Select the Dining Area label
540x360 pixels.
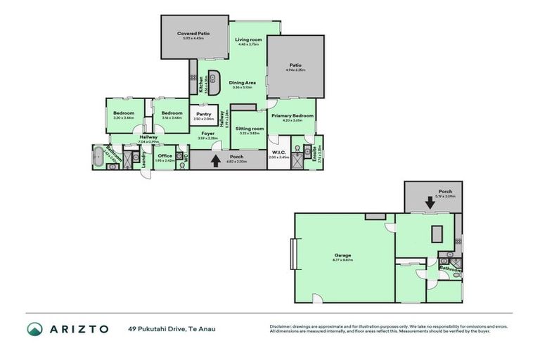[241, 83]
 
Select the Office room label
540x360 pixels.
[165, 155]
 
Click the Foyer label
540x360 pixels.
[207, 133]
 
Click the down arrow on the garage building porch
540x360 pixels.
[428, 202]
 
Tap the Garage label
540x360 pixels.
[342, 255]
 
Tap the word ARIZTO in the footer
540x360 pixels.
[79, 329]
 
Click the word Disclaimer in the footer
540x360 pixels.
[282, 326]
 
